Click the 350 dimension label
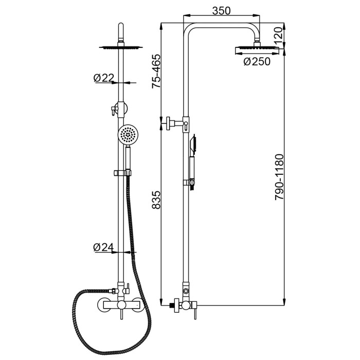tap(221, 11)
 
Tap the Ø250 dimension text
tap(257, 62)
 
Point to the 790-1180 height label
tap(279, 177)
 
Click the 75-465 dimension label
tap(156, 71)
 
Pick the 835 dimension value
tap(156, 200)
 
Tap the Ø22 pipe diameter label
tap(103, 78)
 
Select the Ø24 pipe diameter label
tap(103, 247)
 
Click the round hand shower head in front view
tap(127, 135)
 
